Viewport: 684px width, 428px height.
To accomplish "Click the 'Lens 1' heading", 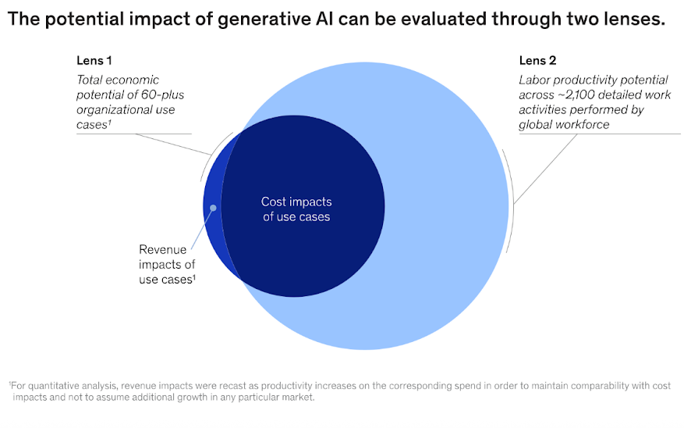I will pos(94,60).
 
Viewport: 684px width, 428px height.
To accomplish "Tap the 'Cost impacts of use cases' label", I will pos(296,209).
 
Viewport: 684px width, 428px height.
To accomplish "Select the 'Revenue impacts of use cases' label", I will pos(166,264).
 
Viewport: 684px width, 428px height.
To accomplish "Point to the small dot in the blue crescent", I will pos(213,208).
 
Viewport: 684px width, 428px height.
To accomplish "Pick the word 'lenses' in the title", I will pos(633,20).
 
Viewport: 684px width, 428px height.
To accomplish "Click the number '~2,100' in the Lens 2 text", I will pos(577,95).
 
